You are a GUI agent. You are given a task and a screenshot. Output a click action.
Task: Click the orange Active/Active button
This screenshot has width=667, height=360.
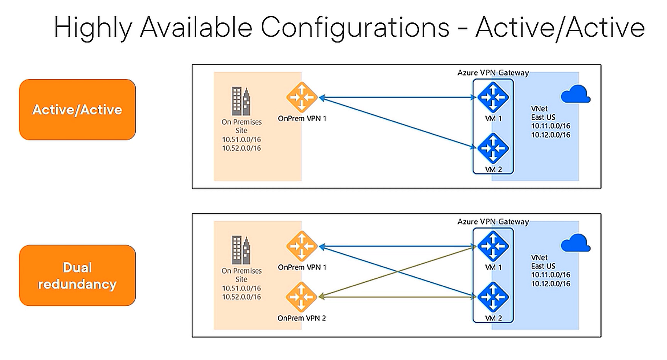click(77, 110)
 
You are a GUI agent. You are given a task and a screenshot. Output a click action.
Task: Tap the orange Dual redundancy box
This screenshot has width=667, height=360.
click(77, 275)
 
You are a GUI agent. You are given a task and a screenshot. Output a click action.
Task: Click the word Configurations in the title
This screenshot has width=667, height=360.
click(355, 28)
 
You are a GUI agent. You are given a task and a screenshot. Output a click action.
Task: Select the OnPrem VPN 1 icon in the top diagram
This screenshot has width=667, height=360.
click(302, 97)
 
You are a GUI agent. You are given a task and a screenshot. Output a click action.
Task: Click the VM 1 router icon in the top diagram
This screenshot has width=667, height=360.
click(493, 97)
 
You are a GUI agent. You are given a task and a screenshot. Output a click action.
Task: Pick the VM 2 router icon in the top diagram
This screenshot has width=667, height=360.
click(493, 148)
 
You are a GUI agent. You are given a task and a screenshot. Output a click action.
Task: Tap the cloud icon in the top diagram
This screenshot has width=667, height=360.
click(575, 94)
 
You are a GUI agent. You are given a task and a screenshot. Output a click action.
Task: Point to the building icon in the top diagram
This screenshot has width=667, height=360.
click(241, 101)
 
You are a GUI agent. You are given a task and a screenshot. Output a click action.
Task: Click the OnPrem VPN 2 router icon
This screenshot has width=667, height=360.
click(301, 297)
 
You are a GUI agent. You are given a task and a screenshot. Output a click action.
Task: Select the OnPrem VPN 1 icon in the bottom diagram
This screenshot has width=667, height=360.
click(302, 246)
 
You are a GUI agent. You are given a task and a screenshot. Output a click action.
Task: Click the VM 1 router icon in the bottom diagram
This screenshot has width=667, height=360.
click(493, 246)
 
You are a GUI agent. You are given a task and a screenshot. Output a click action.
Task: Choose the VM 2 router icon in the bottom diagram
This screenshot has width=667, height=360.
click(493, 297)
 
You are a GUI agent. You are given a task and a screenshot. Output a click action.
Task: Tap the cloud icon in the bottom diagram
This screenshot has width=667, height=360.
click(575, 243)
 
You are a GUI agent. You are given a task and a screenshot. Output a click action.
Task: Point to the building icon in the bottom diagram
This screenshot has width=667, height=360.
click(241, 250)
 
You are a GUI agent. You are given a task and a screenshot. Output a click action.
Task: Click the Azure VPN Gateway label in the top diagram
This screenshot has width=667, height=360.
click(493, 73)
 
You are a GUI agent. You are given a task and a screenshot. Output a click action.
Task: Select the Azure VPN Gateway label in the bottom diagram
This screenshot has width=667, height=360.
click(493, 221)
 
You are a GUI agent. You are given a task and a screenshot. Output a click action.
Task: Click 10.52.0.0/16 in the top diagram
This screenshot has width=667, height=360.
click(241, 148)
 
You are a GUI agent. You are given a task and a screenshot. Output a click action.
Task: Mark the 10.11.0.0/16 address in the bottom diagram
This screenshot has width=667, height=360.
click(551, 275)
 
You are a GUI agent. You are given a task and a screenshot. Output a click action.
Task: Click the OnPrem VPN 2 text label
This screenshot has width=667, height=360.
click(302, 318)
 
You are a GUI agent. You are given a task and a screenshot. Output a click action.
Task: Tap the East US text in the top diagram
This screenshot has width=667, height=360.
click(543, 117)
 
